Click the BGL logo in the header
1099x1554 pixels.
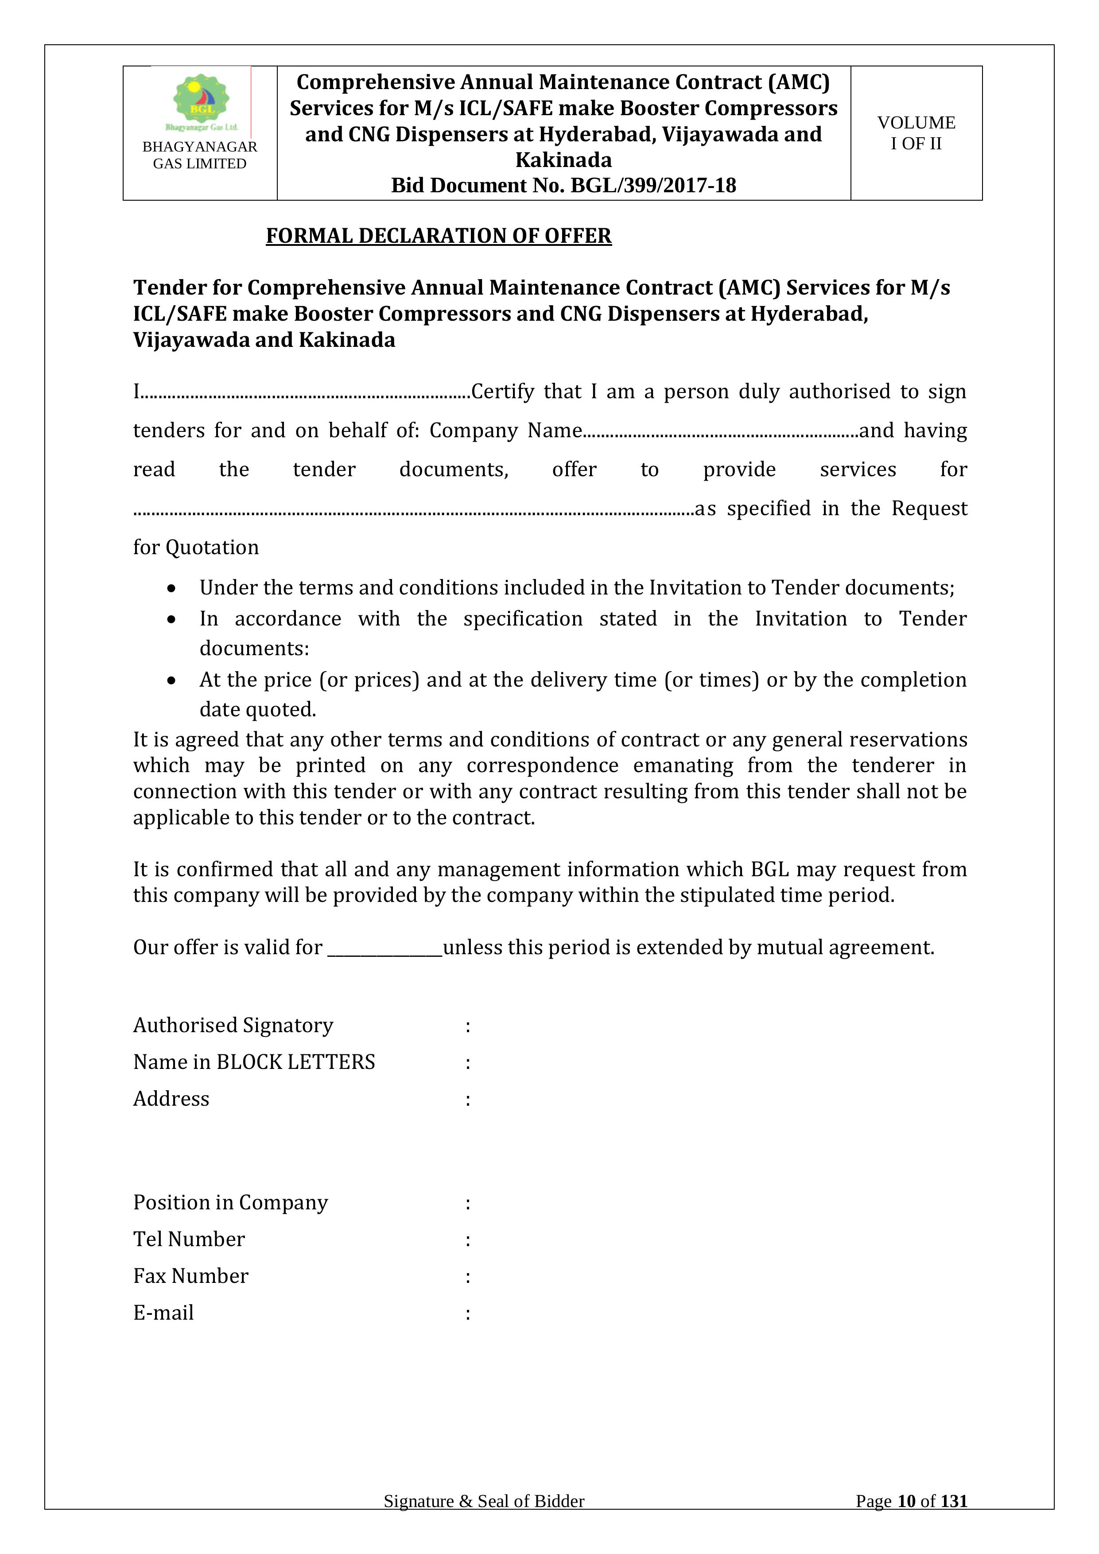201,101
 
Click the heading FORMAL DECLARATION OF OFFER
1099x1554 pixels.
439,236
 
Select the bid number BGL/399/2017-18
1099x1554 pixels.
653,186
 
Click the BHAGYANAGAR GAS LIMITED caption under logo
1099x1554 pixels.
200,155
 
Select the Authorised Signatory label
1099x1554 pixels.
233,1026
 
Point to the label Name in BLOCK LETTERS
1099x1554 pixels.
254,1062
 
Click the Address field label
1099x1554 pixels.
171,1099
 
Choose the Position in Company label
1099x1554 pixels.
230,1202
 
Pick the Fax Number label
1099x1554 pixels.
191,1276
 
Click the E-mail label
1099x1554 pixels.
163,1313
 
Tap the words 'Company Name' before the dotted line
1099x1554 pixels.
505,431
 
